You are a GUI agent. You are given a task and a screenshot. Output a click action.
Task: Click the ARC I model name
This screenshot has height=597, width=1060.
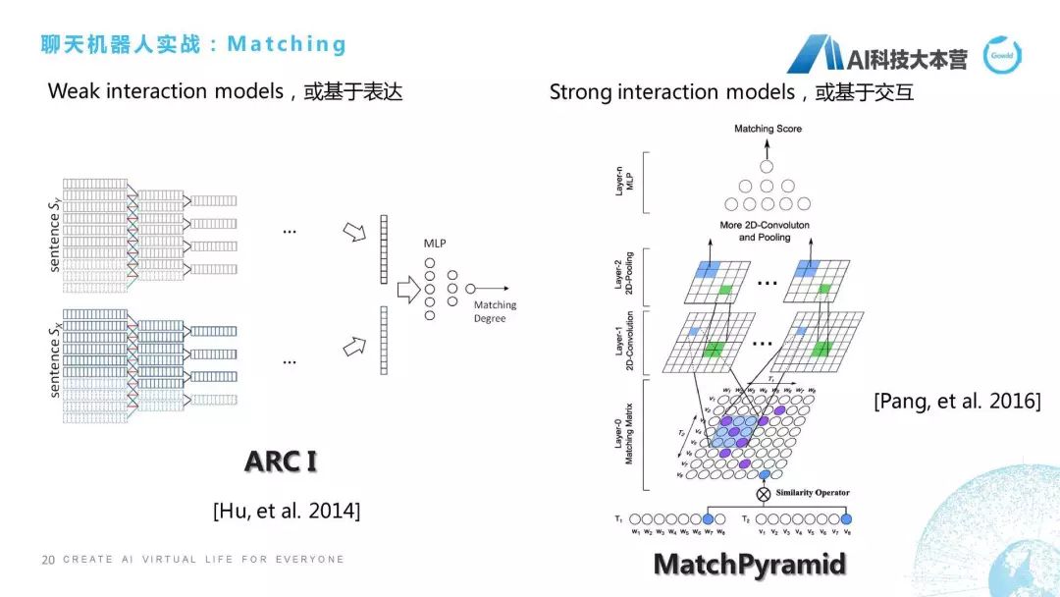[281, 461]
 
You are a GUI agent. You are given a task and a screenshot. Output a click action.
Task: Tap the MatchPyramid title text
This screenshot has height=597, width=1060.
[749, 566]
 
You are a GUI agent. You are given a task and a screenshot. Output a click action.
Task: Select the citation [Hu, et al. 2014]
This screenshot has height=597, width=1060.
[287, 511]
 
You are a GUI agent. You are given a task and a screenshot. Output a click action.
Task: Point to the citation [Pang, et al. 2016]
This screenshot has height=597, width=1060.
[957, 402]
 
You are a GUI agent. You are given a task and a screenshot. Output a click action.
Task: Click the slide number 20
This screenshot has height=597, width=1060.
[47, 560]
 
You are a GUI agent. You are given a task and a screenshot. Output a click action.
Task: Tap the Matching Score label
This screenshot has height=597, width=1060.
[768, 129]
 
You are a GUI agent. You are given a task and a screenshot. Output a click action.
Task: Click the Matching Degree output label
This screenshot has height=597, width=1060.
[495, 311]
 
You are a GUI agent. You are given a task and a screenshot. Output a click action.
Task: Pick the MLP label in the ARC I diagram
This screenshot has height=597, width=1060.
[435, 242]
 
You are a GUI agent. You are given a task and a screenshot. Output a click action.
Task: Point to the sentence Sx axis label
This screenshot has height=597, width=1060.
[55, 353]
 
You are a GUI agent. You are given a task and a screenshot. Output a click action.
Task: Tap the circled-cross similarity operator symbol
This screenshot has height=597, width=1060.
[765, 493]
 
